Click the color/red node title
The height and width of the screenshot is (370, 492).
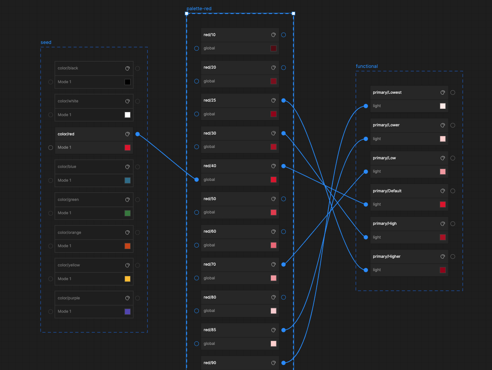pyautogui.click(x=66, y=134)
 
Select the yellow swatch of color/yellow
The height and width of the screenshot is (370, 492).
pyautogui.click(x=127, y=279)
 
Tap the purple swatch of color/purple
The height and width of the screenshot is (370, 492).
pyautogui.click(x=127, y=312)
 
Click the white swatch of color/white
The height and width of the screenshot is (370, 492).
pyautogui.click(x=127, y=115)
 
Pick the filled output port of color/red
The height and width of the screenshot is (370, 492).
pyautogui.click(x=138, y=134)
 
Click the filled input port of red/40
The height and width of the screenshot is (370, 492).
pyautogui.click(x=196, y=180)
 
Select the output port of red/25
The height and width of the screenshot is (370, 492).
pyautogui.click(x=283, y=100)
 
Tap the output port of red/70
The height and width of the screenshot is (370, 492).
pyautogui.click(x=283, y=264)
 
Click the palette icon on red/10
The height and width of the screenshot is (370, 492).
pyautogui.click(x=274, y=35)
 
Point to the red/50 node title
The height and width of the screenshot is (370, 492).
pyautogui.click(x=209, y=199)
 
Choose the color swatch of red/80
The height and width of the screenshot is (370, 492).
pyautogui.click(x=274, y=311)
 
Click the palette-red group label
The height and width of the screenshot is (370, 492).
pyautogui.click(x=199, y=9)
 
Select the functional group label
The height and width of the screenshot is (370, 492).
pyautogui.click(x=367, y=66)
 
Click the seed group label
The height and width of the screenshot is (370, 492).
pyautogui.click(x=46, y=42)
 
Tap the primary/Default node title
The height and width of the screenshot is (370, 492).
pyautogui.click(x=387, y=191)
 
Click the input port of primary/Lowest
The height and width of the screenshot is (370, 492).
pyautogui.click(x=366, y=106)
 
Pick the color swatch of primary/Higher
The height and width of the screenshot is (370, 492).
pyautogui.click(x=443, y=270)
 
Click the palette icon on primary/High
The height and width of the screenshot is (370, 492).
pyautogui.click(x=443, y=224)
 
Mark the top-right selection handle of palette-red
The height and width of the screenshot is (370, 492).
pyautogui.click(x=294, y=13)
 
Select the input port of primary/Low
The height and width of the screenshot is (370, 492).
pyautogui.click(x=366, y=171)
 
